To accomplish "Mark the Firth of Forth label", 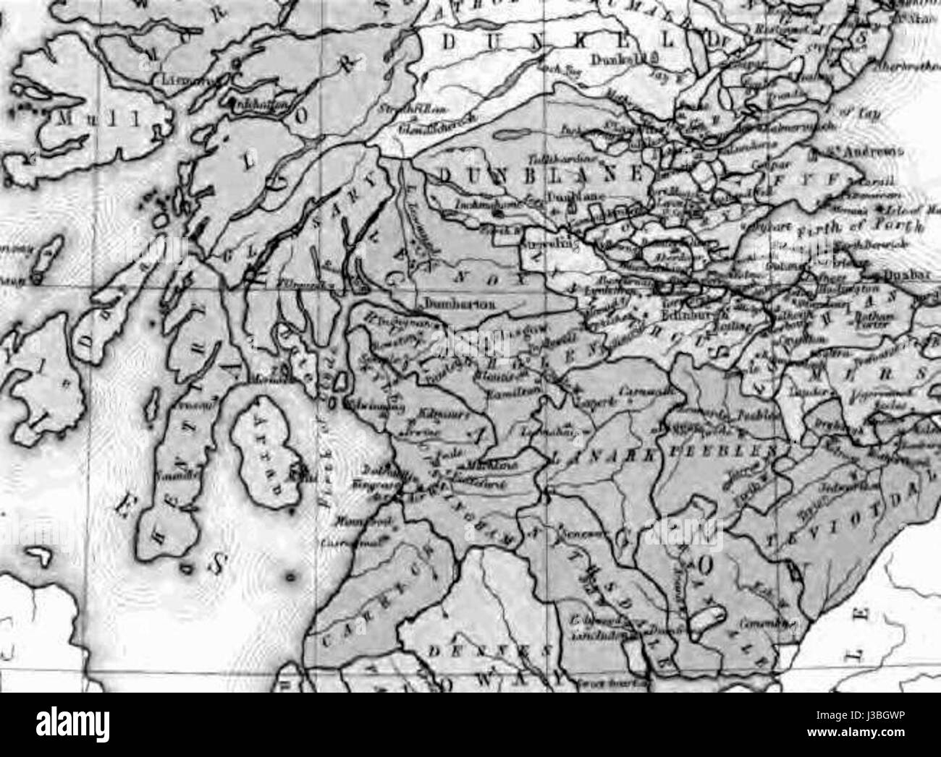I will [861, 229].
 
